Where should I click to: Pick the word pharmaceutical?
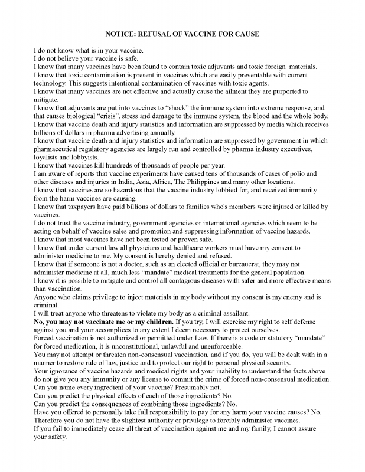pyautogui.click(x=62, y=149)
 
